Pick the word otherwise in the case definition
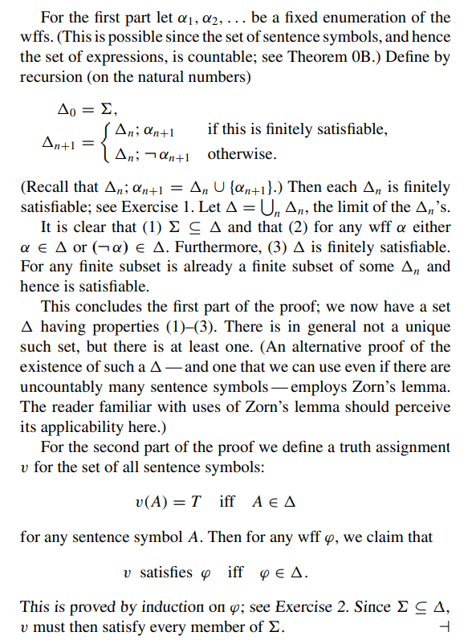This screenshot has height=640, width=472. (x=243, y=153)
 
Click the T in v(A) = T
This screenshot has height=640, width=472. (x=193, y=502)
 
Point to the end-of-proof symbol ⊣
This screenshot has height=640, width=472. (x=446, y=627)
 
